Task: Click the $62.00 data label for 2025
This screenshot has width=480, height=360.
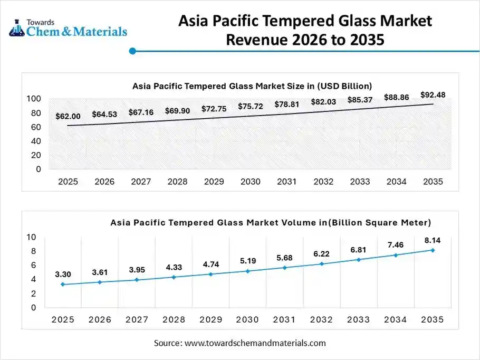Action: (68, 116)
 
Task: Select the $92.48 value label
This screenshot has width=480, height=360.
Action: (433, 95)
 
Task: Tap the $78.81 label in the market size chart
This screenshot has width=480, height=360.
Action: (286, 105)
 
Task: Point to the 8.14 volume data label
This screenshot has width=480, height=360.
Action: (432, 240)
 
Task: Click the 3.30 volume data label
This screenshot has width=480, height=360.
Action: (63, 274)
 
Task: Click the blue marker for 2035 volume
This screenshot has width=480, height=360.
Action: (433, 250)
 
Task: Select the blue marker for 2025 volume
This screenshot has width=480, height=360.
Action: (63, 285)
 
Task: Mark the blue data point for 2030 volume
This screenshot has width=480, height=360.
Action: (248, 271)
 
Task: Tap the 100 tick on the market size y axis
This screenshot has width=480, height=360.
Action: (34, 99)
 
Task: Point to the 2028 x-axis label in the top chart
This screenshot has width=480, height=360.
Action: (177, 182)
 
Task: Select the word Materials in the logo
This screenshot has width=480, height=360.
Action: (98, 32)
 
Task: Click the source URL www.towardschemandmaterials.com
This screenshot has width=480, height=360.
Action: (255, 343)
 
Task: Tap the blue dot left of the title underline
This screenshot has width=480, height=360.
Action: (133, 51)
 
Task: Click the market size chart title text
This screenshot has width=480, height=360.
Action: (252, 86)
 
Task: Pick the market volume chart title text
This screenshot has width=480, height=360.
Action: (271, 222)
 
